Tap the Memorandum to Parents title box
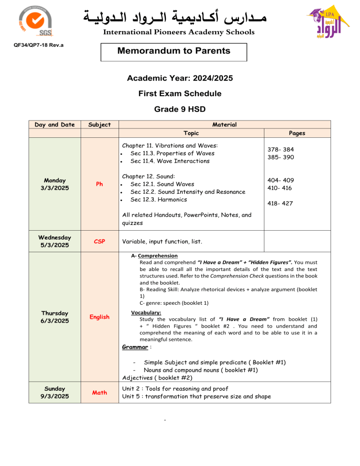(x=174, y=51)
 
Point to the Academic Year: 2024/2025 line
(x=180, y=78)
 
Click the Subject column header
(x=99, y=124)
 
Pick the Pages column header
(x=298, y=133)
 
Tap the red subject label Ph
(x=99, y=184)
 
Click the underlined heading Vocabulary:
(x=147, y=311)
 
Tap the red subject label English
(x=99, y=317)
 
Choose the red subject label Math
(x=99, y=392)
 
